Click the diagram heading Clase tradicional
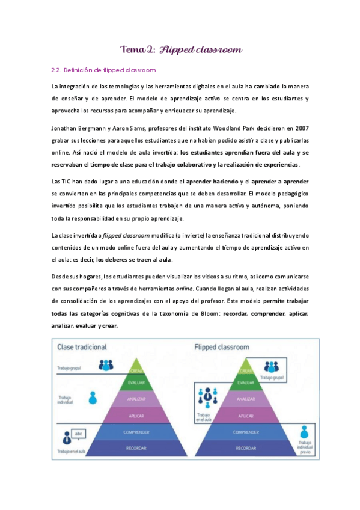coord(82,348)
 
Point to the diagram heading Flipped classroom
coord(222,348)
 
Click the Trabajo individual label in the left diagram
coord(66,400)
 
